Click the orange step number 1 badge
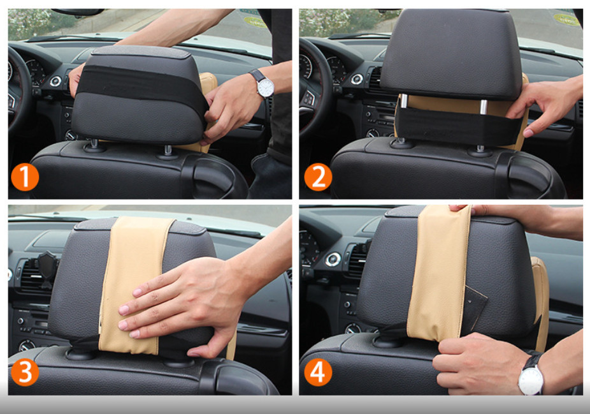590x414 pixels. [x=25, y=177]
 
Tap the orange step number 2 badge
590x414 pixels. [x=318, y=177]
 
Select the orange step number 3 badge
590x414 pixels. [x=25, y=372]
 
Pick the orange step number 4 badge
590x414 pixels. [x=318, y=372]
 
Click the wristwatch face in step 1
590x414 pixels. [x=266, y=87]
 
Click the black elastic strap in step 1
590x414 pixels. [x=141, y=86]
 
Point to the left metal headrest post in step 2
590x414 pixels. [x=403, y=101]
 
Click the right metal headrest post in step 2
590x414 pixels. [x=484, y=107]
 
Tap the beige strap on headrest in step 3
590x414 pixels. [x=134, y=286]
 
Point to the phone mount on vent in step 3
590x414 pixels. [x=47, y=267]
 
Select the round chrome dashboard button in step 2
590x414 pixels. [x=356, y=79]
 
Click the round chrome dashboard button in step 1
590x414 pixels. [x=55, y=81]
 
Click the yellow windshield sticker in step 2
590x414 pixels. [x=566, y=20]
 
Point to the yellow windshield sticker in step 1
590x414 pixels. [x=255, y=22]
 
